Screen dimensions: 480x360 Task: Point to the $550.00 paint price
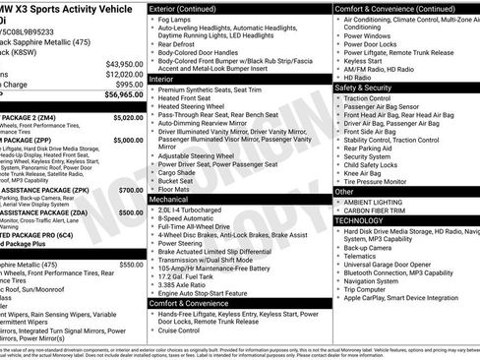point(131,265)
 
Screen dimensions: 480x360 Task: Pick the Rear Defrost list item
point(177,44)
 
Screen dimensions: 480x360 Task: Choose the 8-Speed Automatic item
point(189,219)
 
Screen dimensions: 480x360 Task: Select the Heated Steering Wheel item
point(195,107)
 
